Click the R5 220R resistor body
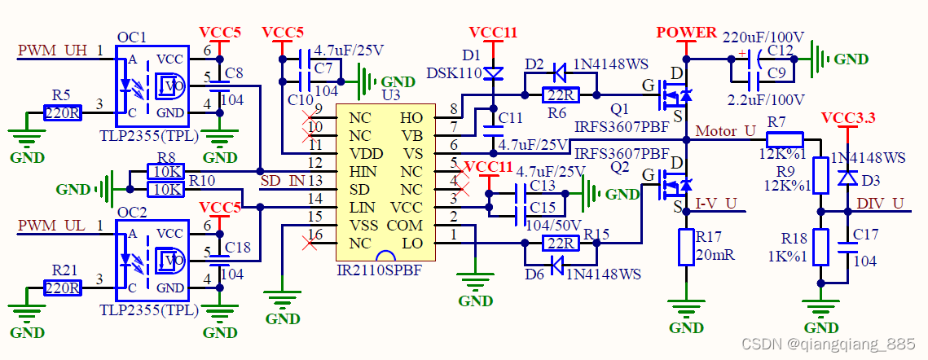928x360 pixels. [x=62, y=112]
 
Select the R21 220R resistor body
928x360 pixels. [x=62, y=288]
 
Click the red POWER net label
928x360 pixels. [x=686, y=33]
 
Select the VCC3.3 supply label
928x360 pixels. [x=848, y=118]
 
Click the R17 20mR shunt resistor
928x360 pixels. [x=686, y=248]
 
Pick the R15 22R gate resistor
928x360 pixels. [x=560, y=243]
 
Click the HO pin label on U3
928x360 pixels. [x=411, y=118]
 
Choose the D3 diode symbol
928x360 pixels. [x=848, y=176]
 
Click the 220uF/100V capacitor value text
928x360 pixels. [x=763, y=37]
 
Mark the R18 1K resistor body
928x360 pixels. [x=820, y=248]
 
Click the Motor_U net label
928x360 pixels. [x=726, y=131]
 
